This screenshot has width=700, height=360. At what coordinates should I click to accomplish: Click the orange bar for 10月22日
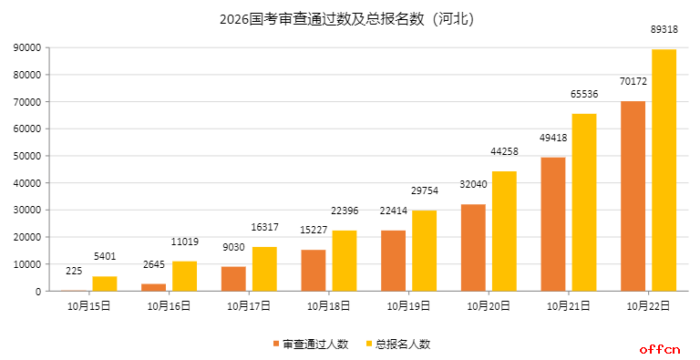633,196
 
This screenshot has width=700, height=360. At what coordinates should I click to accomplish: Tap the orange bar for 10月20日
473,247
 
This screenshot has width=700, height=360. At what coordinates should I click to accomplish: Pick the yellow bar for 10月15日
105,283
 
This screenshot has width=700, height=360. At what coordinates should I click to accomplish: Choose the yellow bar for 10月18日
344,261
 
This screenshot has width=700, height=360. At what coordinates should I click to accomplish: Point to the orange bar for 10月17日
233,279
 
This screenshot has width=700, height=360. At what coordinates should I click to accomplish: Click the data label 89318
664,29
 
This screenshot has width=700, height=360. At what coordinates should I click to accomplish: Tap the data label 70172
633,81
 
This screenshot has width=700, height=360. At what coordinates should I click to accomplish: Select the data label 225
74,271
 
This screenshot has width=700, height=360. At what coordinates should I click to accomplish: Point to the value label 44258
504,151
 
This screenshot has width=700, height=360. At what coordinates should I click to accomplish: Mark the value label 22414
393,211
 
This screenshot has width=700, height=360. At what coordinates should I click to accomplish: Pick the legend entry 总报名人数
397,344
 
